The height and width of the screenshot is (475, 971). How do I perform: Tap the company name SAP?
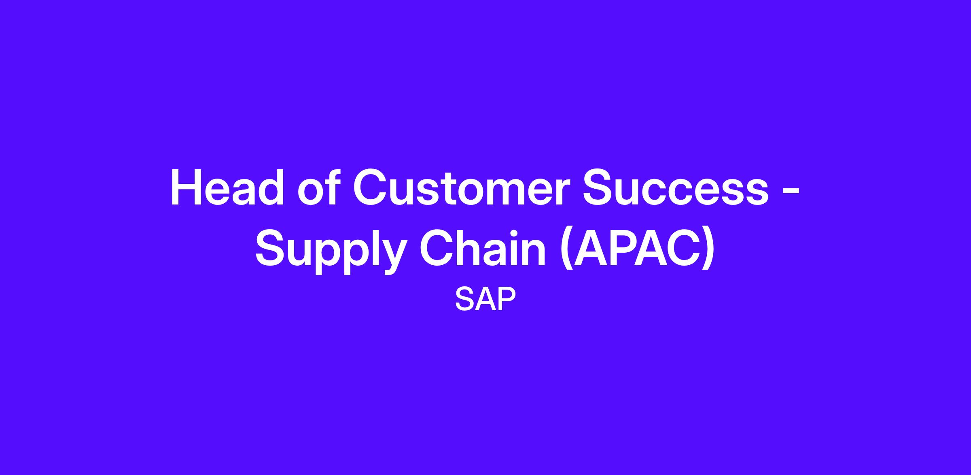click(x=485, y=299)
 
